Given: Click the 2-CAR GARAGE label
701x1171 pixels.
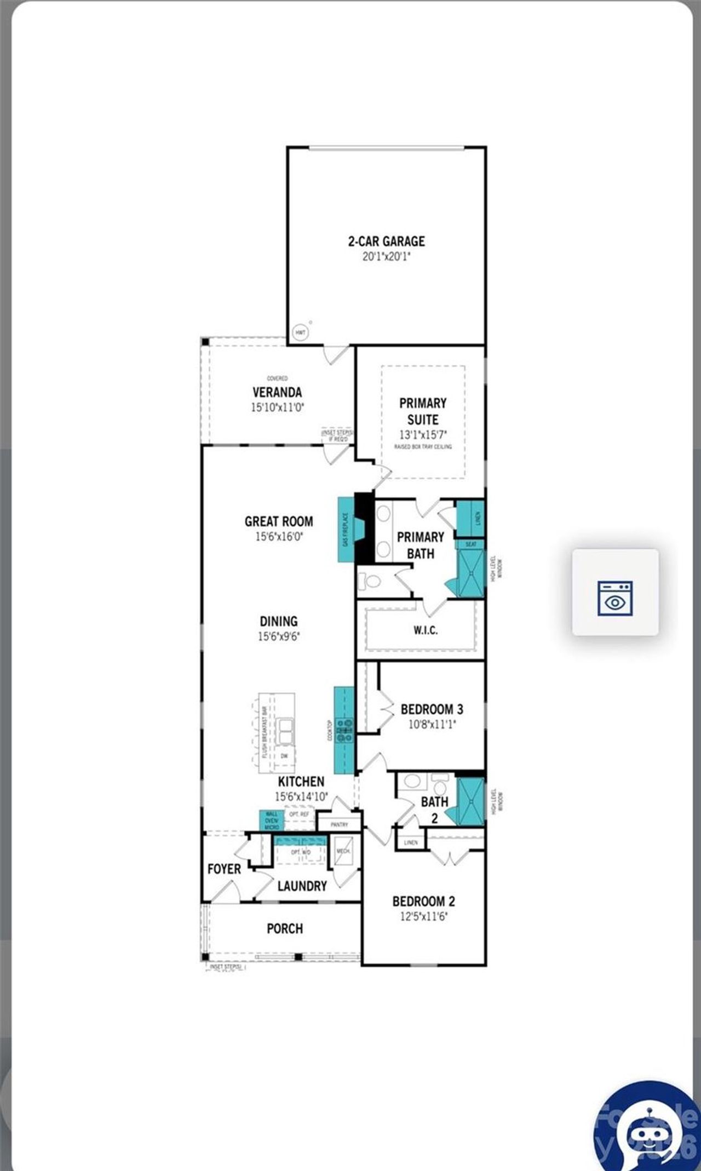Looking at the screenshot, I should click(387, 241).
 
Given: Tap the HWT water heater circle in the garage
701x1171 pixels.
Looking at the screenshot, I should click(300, 332).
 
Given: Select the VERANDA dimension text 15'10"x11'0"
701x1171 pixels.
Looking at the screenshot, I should click(277, 407).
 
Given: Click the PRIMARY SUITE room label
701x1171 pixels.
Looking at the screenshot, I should click(423, 411).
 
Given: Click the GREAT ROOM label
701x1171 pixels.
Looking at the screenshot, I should click(279, 521).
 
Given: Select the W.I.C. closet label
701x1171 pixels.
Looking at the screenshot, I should click(426, 630).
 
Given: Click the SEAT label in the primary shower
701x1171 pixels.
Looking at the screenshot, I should click(471, 544).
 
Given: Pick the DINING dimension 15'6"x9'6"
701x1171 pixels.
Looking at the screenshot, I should click(279, 636).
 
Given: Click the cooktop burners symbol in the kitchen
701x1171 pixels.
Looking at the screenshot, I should click(345, 731).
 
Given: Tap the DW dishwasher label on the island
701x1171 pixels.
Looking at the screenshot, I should click(284, 756).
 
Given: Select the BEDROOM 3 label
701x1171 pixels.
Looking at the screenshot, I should click(432, 709).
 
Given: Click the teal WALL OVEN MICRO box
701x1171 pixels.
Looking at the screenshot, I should click(271, 820).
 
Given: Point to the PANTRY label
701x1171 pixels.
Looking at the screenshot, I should click(340, 824).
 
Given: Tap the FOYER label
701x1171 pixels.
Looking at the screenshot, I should click(224, 869).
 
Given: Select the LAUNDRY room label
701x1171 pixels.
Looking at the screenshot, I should click(302, 886).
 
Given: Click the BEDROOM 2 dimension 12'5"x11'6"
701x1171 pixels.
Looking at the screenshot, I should click(423, 916).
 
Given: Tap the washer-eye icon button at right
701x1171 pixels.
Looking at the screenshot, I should click(615, 592).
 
